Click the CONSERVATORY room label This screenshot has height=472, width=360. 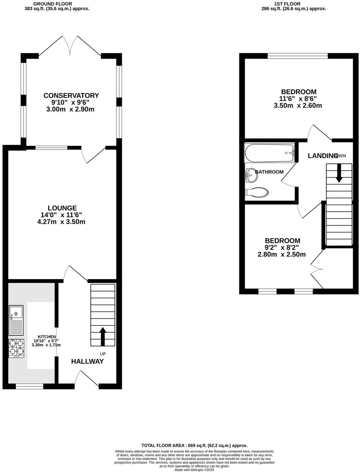(71, 95)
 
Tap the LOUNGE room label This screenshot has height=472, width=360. (62, 208)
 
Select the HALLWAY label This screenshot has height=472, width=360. (88, 361)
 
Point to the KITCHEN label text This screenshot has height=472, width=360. (46, 336)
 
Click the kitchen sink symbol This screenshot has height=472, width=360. (16, 313)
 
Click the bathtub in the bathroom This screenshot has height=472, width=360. (270, 153)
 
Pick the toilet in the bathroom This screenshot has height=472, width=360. (257, 192)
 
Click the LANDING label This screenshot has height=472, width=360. (323, 156)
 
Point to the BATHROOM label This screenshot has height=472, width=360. (269, 172)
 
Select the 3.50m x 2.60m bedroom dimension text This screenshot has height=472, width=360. (298, 106)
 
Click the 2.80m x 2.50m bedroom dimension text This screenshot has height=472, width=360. (281, 254)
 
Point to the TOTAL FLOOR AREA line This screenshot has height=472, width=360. (194, 445)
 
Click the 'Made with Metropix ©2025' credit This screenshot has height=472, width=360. (194, 470)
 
